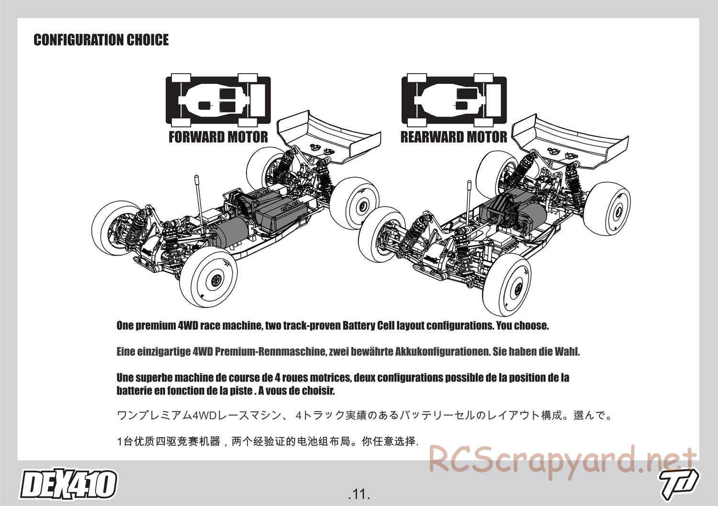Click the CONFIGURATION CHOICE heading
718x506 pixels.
click(101, 40)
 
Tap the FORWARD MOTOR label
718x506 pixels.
click(218, 137)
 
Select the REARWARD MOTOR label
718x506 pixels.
click(454, 137)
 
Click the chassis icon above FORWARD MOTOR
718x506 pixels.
click(218, 100)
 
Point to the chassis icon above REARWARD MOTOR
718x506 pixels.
click(454, 100)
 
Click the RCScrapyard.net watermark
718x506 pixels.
click(562, 462)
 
